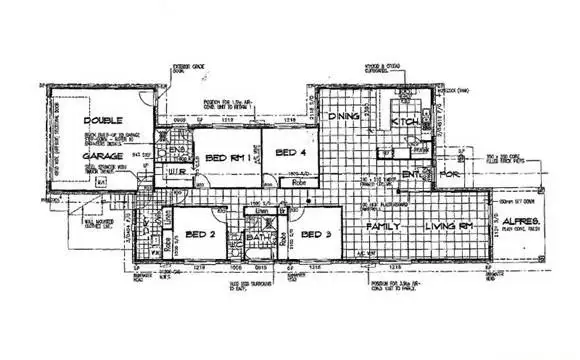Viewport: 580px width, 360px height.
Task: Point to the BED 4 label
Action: [287, 152]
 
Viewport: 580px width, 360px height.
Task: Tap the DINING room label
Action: [343, 118]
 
